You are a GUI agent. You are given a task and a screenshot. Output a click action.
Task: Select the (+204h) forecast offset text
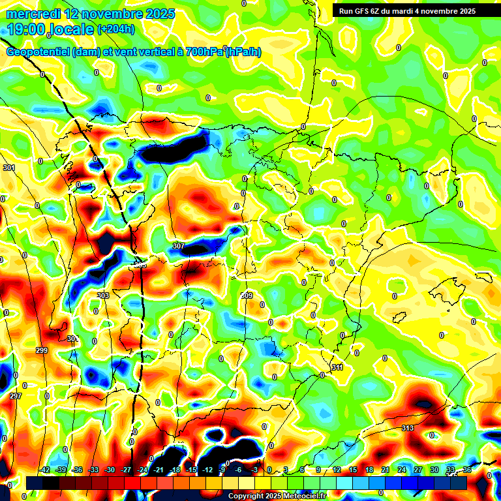pyautogui.click(x=116, y=29)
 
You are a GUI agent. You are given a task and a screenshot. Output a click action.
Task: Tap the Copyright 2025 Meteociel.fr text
pyautogui.click(x=277, y=496)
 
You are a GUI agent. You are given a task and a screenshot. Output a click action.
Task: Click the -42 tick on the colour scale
pyautogui.click(x=44, y=470)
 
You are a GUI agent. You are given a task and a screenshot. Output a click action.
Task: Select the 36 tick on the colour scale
pyautogui.click(x=467, y=470)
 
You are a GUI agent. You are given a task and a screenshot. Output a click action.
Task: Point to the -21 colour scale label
pyautogui.click(x=159, y=470)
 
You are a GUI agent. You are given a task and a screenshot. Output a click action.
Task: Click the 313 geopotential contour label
pyautogui.click(x=408, y=428)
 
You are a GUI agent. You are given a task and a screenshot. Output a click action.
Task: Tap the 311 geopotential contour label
pyautogui.click(x=337, y=368)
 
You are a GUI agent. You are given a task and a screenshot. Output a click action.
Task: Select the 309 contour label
pyautogui.click(x=247, y=296)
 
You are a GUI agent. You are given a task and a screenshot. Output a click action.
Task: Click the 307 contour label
pyautogui.click(x=179, y=246)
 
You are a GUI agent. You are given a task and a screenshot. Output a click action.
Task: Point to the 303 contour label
pyautogui.click(x=102, y=296)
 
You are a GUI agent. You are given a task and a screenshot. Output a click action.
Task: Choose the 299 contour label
pyautogui.click(x=42, y=350)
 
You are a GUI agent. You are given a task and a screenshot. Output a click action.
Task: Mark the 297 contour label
pyautogui.click(x=16, y=396)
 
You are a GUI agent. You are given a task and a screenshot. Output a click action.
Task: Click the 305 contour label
pyautogui.click(x=140, y=265)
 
